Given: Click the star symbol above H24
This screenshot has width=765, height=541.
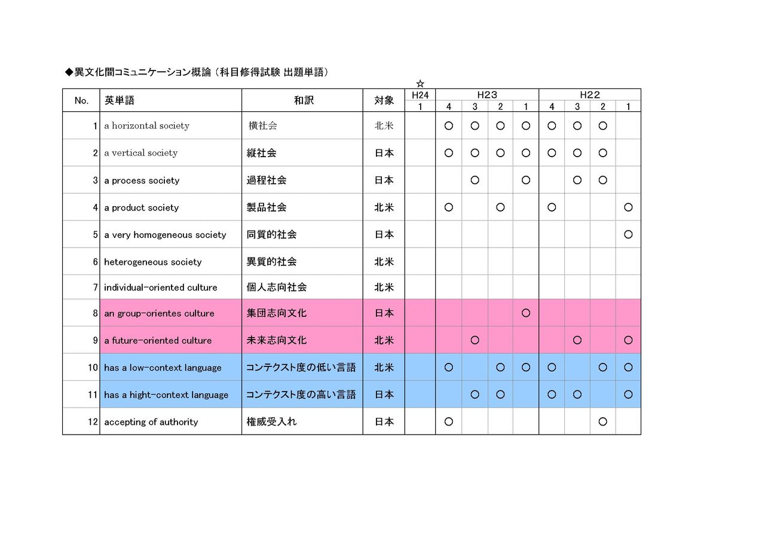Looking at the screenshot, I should (420, 84).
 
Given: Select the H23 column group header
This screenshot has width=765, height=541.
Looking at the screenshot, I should (487, 94).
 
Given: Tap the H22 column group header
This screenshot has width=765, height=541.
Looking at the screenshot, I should (589, 94).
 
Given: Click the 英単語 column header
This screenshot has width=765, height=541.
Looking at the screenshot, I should (120, 100).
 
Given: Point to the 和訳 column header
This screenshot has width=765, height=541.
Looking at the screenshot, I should (304, 100).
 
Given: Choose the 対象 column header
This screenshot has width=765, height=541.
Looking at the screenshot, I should (384, 100).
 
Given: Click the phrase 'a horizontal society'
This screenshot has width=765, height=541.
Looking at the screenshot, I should (146, 126).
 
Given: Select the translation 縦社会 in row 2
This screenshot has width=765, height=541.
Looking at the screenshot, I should (262, 153).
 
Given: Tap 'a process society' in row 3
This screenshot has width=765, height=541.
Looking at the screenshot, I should (142, 181).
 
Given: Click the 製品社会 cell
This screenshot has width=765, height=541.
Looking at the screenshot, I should (267, 207).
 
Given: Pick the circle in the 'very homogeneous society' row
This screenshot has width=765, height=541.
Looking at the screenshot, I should (628, 234).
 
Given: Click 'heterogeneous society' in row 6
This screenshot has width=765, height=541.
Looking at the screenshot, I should (152, 262).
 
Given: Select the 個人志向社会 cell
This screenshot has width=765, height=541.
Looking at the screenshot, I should (277, 288).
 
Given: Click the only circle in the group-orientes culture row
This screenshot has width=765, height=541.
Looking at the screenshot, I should (526, 313).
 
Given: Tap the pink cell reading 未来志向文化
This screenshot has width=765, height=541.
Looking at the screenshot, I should (277, 340).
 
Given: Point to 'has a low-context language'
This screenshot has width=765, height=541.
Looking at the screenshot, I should (163, 368).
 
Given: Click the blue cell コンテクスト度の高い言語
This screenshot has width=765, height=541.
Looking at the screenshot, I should (301, 395).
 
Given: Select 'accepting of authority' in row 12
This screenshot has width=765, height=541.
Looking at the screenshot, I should (151, 422).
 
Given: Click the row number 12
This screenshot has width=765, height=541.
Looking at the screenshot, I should (93, 422).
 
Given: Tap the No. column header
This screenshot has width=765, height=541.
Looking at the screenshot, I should (81, 100).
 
